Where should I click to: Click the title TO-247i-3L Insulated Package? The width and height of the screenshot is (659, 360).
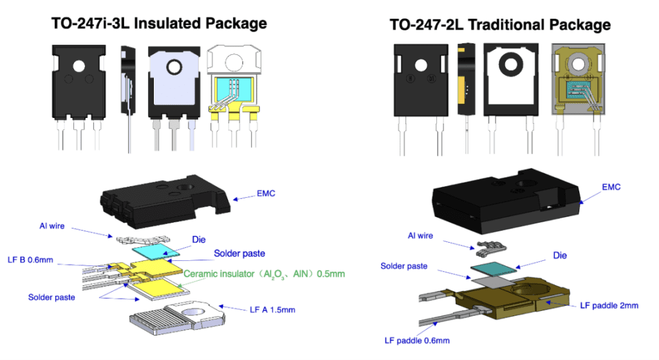click(x=159, y=24)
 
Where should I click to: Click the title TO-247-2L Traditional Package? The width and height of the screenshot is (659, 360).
click(x=499, y=25)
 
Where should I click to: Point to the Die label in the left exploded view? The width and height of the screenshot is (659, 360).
click(x=198, y=238)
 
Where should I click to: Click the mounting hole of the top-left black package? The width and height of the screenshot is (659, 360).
click(x=79, y=66)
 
